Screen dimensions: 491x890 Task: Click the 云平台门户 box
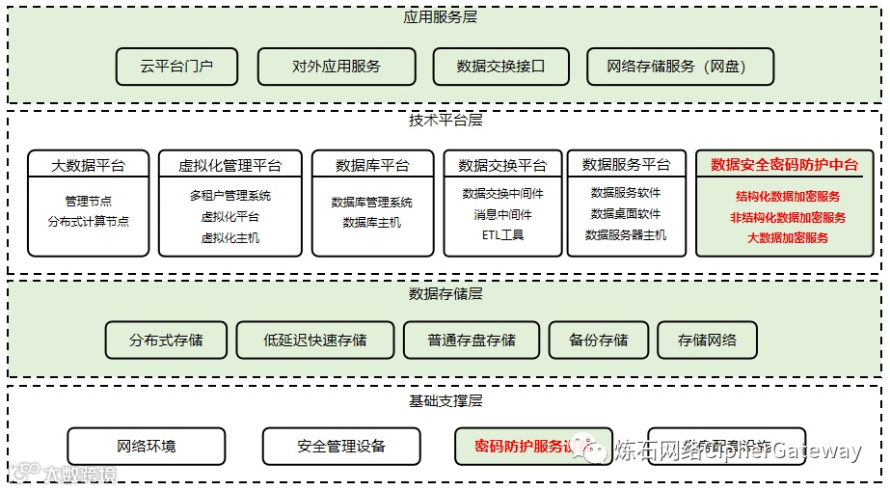[x=176, y=67]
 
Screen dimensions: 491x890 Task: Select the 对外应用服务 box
[x=337, y=67]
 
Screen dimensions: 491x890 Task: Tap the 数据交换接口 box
[x=501, y=67]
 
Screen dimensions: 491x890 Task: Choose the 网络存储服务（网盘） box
[x=680, y=67]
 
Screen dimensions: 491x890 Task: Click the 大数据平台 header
[x=88, y=165]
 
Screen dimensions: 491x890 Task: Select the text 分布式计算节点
[x=88, y=221]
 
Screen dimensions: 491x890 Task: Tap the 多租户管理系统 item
[x=230, y=196]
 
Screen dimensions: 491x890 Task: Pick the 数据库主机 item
[x=371, y=222]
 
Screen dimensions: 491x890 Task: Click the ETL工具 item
[x=502, y=234]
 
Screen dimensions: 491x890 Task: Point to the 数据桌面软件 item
[x=626, y=213]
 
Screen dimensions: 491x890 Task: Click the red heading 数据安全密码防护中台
[x=784, y=165]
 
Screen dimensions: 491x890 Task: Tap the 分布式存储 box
[x=166, y=340]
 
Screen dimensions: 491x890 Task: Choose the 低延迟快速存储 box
[x=315, y=340]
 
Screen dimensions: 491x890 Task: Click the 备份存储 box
[x=598, y=340]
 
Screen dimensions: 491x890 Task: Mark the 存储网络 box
[x=707, y=340]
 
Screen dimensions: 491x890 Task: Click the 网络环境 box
[x=147, y=446]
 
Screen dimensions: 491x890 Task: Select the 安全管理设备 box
[x=341, y=446]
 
